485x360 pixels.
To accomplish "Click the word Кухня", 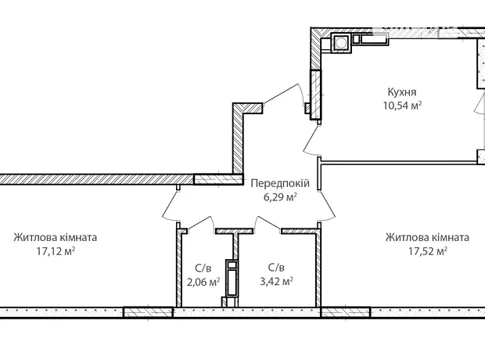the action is pos(402,92).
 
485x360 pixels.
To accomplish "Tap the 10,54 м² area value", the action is pos(402,106).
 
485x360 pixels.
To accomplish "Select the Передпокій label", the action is pos(280,183).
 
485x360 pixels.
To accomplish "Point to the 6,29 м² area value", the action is pos(280,197).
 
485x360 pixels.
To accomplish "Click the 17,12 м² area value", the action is pos(56,251).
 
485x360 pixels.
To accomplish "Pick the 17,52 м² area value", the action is pos(427,251).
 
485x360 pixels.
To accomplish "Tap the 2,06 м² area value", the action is pos(203,282).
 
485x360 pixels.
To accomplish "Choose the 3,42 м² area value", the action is pos(276,282).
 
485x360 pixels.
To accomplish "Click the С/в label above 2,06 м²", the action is pos(203,268).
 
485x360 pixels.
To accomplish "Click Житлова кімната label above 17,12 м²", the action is pos(56,237).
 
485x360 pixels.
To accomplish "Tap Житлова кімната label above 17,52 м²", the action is pos(427,237).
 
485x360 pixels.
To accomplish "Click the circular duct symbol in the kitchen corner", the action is pos(340,43).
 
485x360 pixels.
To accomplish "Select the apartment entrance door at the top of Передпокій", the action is pos(282,95).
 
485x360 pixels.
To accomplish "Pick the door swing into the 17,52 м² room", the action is pos(329,205).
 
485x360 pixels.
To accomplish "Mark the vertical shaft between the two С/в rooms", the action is pos(232,278).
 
